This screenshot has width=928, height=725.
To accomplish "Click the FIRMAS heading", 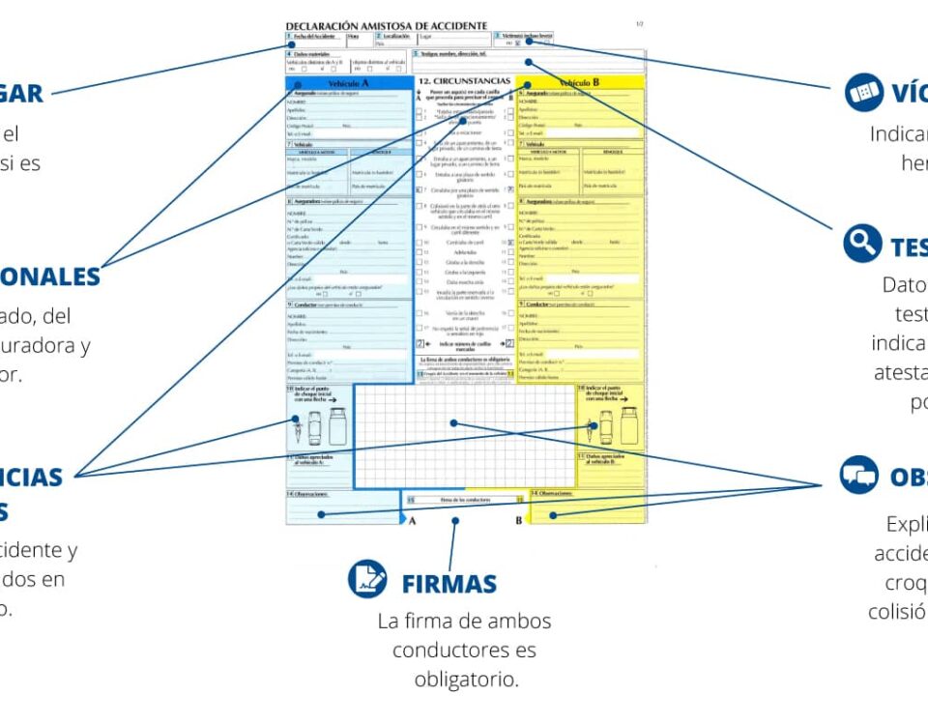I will point(449,584).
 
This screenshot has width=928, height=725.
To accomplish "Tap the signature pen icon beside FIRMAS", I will point(367,578).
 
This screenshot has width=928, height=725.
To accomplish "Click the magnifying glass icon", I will point(861,244).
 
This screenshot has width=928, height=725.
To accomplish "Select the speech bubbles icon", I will point(858,475).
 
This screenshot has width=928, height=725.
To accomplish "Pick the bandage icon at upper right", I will point(863,93).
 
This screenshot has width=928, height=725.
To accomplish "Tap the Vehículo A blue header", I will point(350,83).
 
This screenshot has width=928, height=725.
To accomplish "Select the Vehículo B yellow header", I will point(580,83).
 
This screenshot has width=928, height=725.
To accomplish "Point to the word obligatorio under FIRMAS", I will point(467,680).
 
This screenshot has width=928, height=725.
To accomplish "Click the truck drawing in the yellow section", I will point(629,426).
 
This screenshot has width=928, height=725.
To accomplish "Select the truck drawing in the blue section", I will point(336,426).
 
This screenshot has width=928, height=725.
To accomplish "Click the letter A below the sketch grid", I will point(412,521).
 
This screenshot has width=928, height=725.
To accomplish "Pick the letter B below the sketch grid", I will point(518,521).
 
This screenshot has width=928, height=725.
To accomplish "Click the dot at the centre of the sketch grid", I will point(453,422).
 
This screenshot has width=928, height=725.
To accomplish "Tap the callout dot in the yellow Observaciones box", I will point(552,515).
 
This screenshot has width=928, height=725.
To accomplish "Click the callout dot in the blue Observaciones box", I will point(320,513).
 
